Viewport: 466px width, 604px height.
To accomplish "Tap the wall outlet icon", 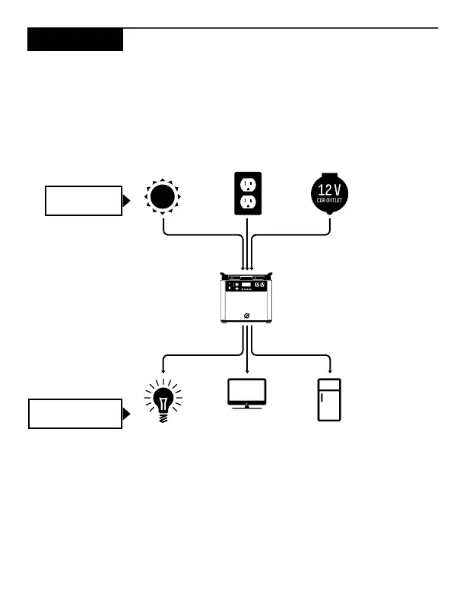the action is [247, 195].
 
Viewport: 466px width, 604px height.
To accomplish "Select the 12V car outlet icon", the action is [330, 195].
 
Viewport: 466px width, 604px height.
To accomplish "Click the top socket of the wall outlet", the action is [247, 185].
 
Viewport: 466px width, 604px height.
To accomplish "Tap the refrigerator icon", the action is [330, 399].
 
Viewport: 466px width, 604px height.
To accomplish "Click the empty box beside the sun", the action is [83, 200].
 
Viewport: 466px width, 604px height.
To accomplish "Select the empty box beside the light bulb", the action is [74, 414].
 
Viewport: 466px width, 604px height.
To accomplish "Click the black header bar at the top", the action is [74, 40].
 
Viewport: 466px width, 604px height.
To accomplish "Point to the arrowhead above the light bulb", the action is [163, 370].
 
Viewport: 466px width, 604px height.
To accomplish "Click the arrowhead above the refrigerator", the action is [330, 370].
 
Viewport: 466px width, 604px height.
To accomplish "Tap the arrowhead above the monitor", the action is [247, 370].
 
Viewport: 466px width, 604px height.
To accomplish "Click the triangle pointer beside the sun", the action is [126, 201].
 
